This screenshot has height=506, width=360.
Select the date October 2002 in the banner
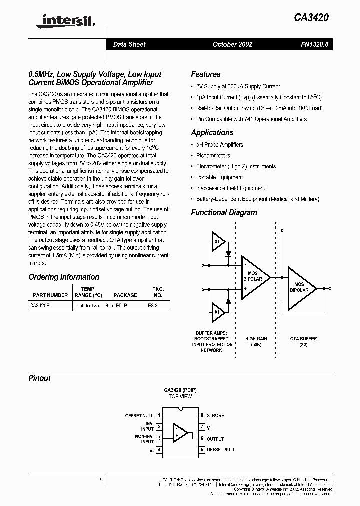(232, 44)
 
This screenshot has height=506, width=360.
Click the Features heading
(205, 74)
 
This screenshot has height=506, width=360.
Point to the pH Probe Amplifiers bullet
(219, 145)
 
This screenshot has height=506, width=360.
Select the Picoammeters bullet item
(213, 156)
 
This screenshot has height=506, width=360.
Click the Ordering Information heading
(64, 277)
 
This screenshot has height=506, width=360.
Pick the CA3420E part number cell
(39, 305)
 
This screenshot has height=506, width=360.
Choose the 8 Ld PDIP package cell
(116, 305)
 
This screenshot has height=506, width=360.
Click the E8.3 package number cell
(153, 305)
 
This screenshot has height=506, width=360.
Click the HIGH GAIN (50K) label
(256, 341)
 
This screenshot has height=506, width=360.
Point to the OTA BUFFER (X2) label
(303, 341)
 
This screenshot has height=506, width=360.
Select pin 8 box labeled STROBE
(202, 415)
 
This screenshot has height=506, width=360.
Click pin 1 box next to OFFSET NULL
(159, 415)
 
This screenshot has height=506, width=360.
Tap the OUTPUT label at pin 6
(215, 438)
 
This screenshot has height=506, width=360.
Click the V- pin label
(151, 450)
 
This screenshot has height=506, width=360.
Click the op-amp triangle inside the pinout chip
(180, 432)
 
